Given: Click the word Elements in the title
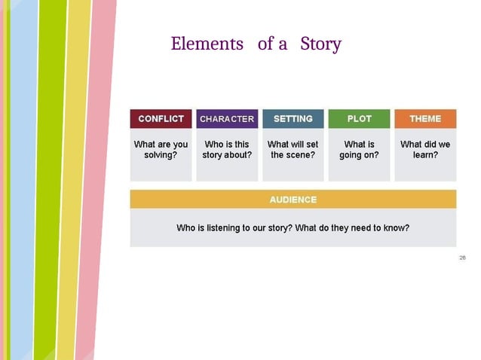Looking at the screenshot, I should coord(207,44).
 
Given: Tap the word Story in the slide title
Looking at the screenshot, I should coord(320,44).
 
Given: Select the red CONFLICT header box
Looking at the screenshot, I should coord(161,119).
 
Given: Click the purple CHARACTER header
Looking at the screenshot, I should coord(227,119).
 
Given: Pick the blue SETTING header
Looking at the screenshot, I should coord(293,119).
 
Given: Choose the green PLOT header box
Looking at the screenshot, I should coord(359,119).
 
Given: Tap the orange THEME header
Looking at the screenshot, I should coord(425,119).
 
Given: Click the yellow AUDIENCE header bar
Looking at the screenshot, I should coord(293,200).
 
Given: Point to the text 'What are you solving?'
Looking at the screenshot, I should coord(161,150).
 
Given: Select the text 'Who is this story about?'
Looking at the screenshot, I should coord(227,150).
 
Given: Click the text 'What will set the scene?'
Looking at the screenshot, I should coord(293,150).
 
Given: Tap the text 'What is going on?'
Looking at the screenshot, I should coord(359,150).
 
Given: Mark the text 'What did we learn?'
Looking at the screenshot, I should coord(425,150).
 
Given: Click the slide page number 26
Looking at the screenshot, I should coord(462,258).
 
